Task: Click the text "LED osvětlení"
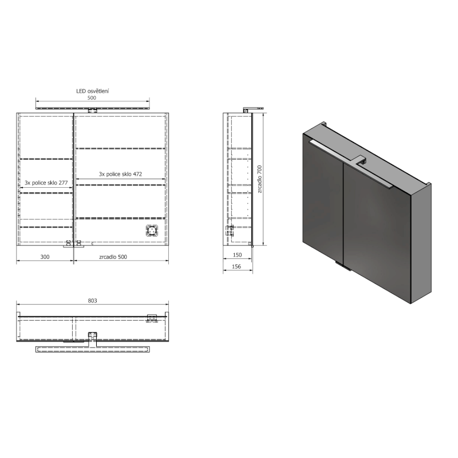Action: click(x=93, y=90)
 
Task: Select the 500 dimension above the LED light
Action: click(x=92, y=98)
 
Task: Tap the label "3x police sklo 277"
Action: click(x=46, y=183)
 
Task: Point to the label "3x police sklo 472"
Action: click(x=121, y=173)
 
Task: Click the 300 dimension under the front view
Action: click(x=44, y=256)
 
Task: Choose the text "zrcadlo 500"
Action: click(x=113, y=256)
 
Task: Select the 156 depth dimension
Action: click(x=238, y=267)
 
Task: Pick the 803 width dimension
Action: click(x=93, y=300)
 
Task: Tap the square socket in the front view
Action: click(x=151, y=231)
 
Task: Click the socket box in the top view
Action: click(x=152, y=318)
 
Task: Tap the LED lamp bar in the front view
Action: click(x=93, y=107)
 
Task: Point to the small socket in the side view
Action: click(x=230, y=230)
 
